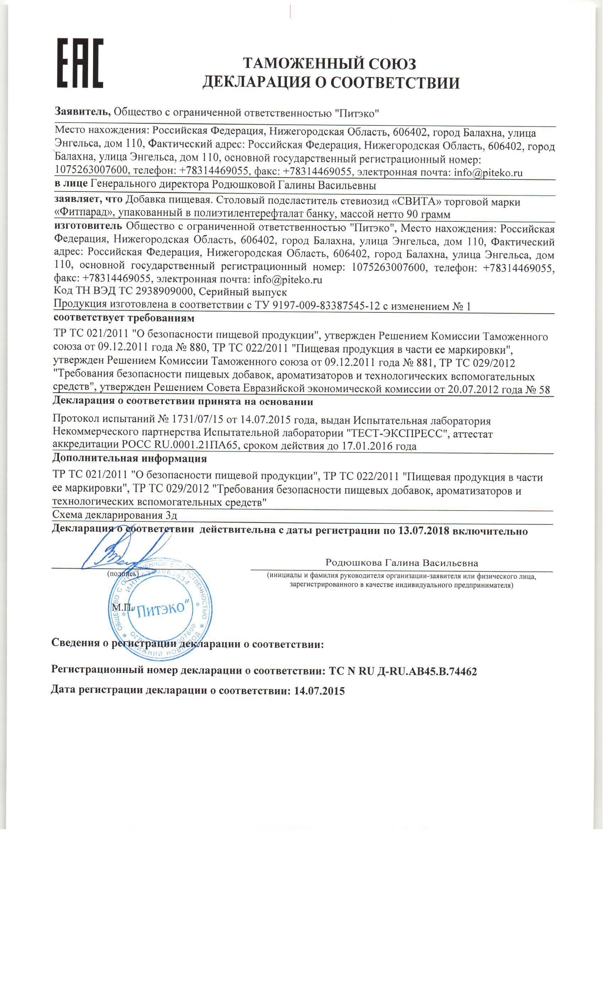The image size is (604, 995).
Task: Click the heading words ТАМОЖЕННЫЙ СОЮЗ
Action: [x=329, y=64]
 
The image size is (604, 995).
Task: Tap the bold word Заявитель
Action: [x=82, y=112]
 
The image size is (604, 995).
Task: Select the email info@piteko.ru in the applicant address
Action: [x=488, y=173]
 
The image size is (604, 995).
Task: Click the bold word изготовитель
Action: [x=88, y=228]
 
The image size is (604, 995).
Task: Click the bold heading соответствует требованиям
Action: [x=124, y=318]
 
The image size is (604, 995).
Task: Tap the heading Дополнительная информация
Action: [x=129, y=458]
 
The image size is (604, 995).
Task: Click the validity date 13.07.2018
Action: [x=424, y=531]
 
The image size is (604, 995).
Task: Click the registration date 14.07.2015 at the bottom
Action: [x=319, y=691]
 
